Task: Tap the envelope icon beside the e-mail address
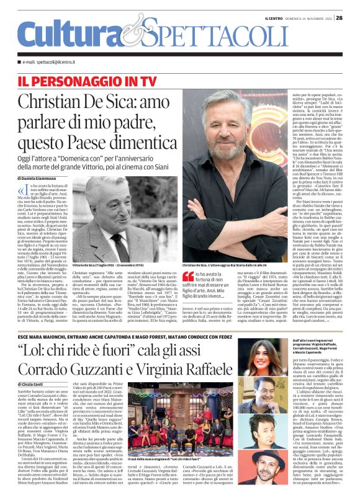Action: click(x=24, y=63)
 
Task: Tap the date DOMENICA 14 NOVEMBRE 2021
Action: click(x=308, y=18)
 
